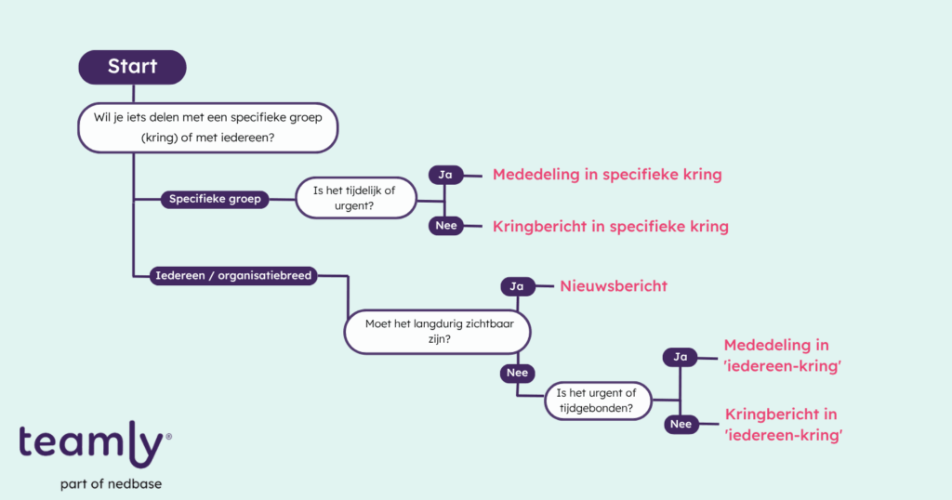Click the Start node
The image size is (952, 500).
(x=132, y=67)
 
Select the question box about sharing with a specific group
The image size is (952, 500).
(x=206, y=127)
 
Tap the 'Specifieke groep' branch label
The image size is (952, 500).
(x=214, y=199)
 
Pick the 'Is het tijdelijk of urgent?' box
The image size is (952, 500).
(x=356, y=199)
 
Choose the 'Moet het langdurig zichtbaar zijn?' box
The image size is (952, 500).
(x=438, y=332)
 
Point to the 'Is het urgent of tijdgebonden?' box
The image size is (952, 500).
(x=598, y=400)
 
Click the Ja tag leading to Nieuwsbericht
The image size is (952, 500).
(x=517, y=286)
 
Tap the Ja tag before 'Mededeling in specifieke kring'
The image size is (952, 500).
(x=444, y=175)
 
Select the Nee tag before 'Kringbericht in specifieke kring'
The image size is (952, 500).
(x=445, y=225)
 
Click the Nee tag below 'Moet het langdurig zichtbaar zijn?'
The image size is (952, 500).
(x=516, y=373)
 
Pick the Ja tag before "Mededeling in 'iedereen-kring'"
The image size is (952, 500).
(x=681, y=356)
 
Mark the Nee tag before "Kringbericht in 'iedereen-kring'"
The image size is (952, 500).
(x=680, y=424)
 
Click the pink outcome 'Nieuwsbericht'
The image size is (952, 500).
(x=614, y=286)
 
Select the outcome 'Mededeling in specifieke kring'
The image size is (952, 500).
(x=607, y=175)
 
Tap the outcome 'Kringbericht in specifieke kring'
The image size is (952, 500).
(x=610, y=226)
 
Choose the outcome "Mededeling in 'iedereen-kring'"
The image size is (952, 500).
(x=783, y=356)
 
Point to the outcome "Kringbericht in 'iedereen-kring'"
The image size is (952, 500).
(x=783, y=424)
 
